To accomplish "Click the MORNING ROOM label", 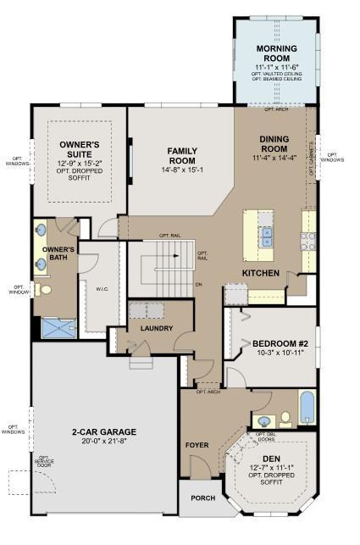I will [276, 53].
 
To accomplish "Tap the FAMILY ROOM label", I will [182, 155].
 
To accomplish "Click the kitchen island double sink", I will [267, 236].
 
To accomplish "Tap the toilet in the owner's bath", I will [47, 289].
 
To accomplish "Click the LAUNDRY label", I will [158, 328].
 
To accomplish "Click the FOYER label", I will [197, 444].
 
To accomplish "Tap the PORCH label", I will [203, 498].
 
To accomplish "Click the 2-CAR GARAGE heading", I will [103, 431].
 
